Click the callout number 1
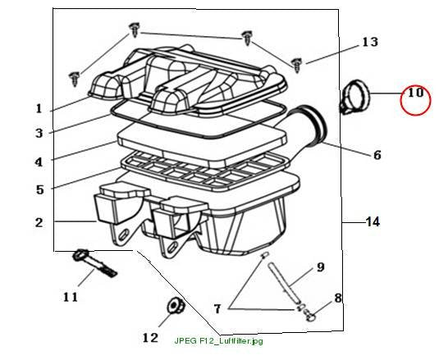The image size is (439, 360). coord(39,108)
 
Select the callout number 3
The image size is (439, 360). coord(39,133)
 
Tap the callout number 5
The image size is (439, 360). coord(40,189)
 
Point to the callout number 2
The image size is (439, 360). coord(39,223)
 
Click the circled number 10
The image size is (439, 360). coord(415,93)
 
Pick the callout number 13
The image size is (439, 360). coord(370,42)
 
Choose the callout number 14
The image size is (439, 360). coord(373,221)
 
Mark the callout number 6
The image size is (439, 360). coord(377,155)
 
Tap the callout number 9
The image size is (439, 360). coord(321,267)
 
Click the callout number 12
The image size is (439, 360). coord(150,338)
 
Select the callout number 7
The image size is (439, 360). coord(217,309)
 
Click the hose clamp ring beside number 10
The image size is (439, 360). coord(355,98)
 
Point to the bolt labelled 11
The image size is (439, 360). coord(94,263)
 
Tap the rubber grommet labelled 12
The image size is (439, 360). coord(176,307)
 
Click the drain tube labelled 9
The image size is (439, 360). coord(283,283)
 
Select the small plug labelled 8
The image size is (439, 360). coord(309,315)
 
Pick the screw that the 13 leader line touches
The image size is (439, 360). coord(296,65)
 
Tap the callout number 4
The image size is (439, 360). coord(39,162)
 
